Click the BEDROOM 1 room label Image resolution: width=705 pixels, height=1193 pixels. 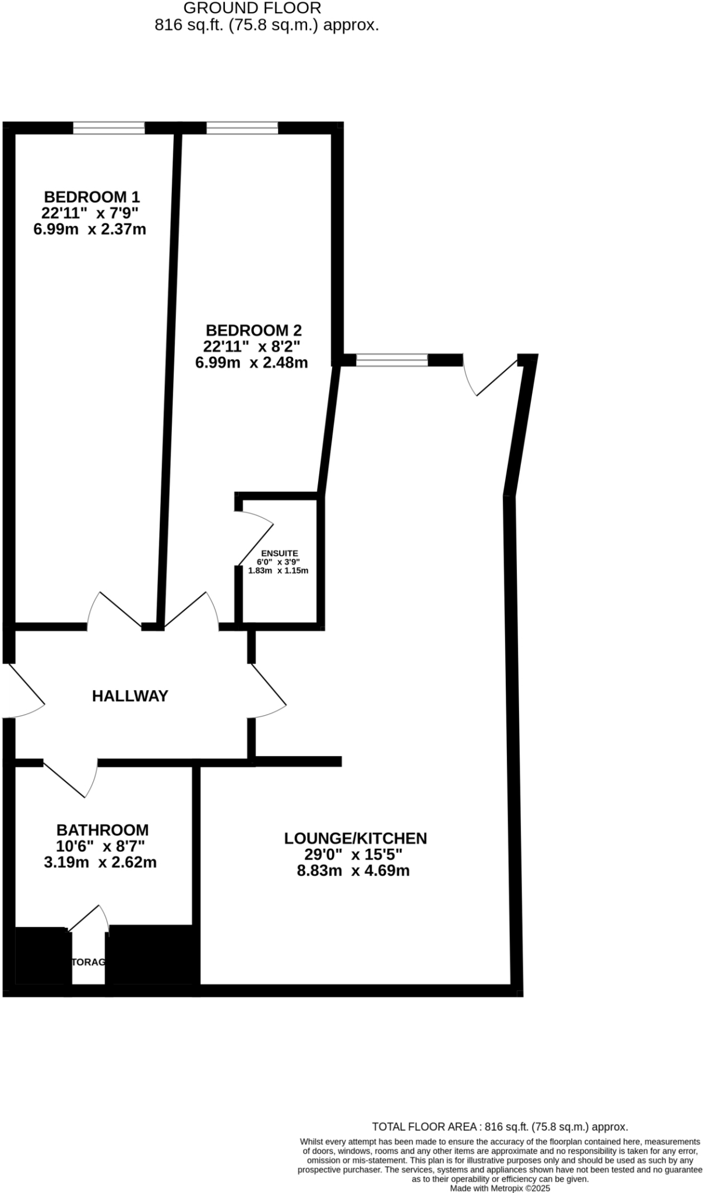(92, 196)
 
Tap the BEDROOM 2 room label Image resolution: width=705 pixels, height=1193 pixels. (253, 330)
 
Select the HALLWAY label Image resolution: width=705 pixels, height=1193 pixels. (130, 696)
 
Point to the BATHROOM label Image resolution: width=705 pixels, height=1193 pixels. (102, 830)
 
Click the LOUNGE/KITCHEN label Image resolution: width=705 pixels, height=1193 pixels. (355, 838)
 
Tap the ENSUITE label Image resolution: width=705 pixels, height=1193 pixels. (279, 553)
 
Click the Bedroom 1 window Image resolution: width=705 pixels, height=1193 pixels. (109, 128)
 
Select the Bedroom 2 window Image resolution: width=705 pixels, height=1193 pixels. (242, 128)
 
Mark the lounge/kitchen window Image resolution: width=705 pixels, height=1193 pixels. (392, 360)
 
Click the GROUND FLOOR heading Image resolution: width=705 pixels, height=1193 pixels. (252, 8)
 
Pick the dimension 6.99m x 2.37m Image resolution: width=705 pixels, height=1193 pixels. (90, 229)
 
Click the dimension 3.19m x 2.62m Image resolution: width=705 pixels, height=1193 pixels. (100, 862)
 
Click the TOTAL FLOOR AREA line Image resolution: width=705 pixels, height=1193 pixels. (500, 1127)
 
